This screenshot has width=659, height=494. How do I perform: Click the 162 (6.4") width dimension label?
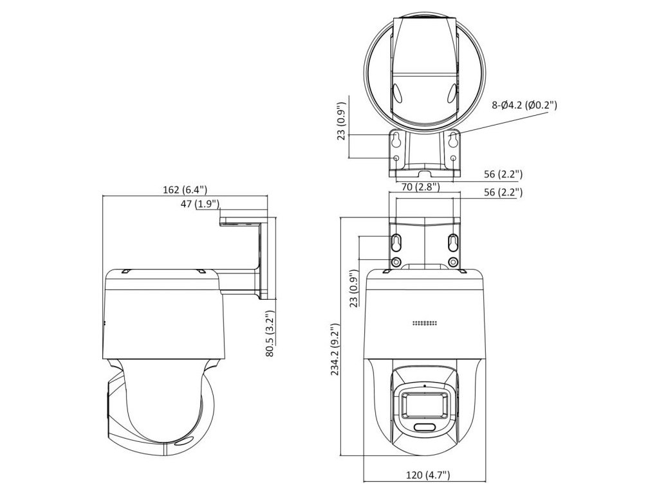[x=185, y=190]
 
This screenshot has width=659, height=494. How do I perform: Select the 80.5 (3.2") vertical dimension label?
[x=270, y=334]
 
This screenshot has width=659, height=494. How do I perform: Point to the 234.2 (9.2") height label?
[x=335, y=349]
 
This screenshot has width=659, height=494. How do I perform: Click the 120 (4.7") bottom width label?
[x=428, y=475]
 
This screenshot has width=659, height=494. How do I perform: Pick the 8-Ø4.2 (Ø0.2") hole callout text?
[x=524, y=105]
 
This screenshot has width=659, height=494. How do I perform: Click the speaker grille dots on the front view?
[x=425, y=324]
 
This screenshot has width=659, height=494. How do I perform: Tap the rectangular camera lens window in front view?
[x=425, y=405]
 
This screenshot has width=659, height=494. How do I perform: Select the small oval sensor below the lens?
[x=425, y=427]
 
